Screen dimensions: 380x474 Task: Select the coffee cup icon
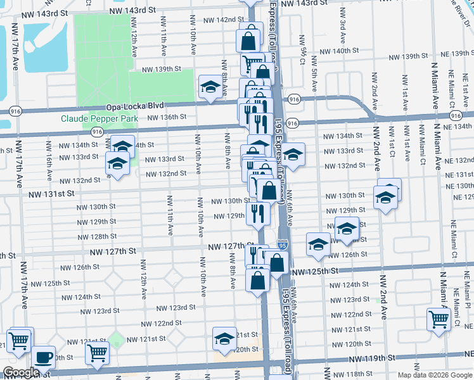[x=44, y=357]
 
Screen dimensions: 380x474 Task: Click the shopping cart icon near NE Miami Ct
[x=438, y=319]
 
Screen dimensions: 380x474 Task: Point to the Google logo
[x=20, y=372]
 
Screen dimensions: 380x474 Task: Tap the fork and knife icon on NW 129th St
[x=257, y=212]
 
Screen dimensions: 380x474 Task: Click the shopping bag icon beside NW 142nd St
[x=248, y=41]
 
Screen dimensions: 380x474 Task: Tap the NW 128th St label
[x=96, y=236]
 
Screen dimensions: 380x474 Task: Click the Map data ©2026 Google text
[x=434, y=374]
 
